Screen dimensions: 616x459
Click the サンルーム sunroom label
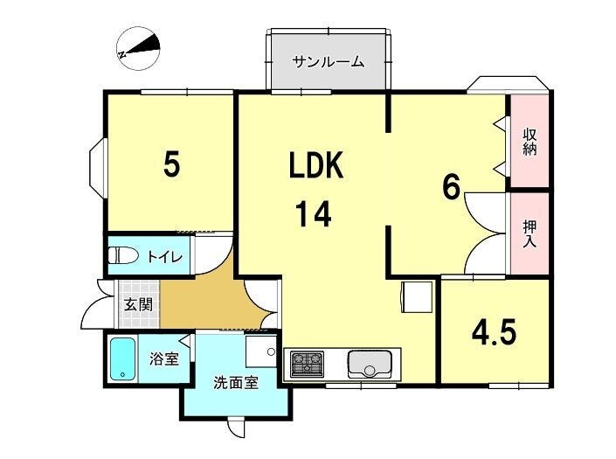(x=329, y=62)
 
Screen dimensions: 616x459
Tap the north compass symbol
(x=139, y=49)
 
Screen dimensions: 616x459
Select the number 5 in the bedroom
(x=172, y=163)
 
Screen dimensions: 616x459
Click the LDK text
(x=315, y=165)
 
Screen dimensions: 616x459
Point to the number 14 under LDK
(x=313, y=214)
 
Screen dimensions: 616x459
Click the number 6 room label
(x=451, y=187)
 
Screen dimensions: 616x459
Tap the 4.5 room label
(x=494, y=333)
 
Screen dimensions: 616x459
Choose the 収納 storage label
(x=529, y=142)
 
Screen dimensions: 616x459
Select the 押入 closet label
(x=529, y=233)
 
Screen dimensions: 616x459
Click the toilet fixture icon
(x=123, y=256)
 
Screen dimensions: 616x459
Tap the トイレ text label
(x=164, y=257)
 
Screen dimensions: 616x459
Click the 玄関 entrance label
(x=138, y=304)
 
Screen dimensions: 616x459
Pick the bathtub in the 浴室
(x=122, y=359)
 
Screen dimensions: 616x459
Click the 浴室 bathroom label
(x=163, y=358)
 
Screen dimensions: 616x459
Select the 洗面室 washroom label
(x=236, y=382)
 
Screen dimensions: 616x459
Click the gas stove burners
(x=307, y=363)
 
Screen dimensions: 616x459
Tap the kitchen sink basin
(x=370, y=364)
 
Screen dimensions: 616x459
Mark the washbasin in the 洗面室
(x=261, y=351)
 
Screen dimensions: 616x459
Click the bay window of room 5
(x=98, y=168)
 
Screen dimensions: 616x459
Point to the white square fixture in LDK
(x=417, y=297)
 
